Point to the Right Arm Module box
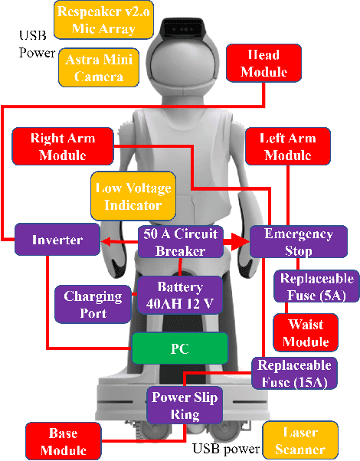pyautogui.click(x=62, y=146)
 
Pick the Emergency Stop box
pyautogui.click(x=298, y=241)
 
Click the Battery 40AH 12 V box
pyautogui.click(x=180, y=295)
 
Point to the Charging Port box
pyautogui.click(x=93, y=304)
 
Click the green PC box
pyautogui.click(x=179, y=348)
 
